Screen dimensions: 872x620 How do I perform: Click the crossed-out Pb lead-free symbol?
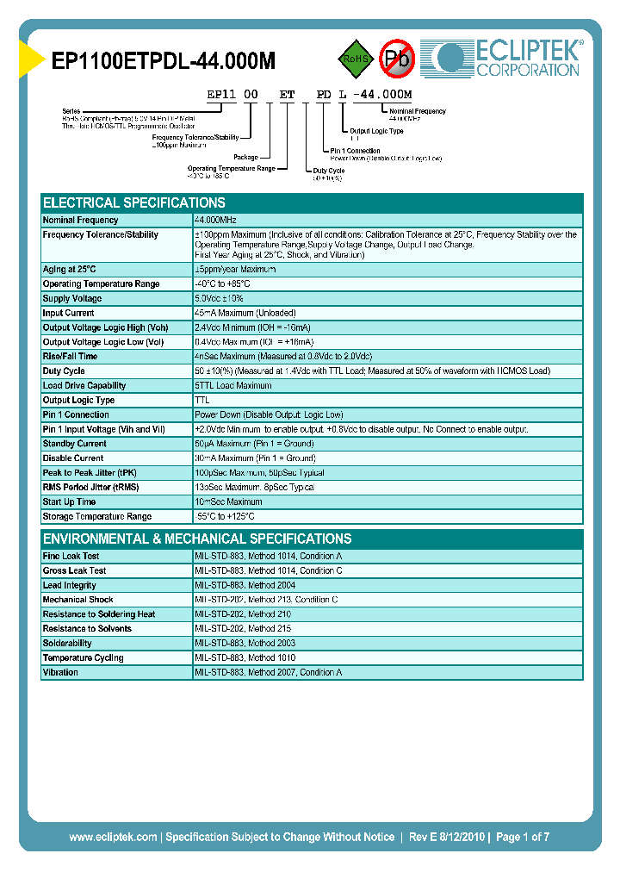click(398, 59)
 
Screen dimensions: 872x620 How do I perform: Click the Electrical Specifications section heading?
click(134, 203)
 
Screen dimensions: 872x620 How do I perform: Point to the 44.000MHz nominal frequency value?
click(216, 221)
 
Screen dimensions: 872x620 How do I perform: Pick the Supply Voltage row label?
click(73, 298)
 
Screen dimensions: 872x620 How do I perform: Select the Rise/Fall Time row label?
click(70, 356)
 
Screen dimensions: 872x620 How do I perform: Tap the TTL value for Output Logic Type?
click(202, 400)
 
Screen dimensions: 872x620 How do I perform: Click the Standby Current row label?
click(75, 444)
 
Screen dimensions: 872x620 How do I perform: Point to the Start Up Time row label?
click(69, 501)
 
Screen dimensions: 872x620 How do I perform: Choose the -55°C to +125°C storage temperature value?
click(225, 516)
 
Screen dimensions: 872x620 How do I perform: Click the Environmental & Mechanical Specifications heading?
click(197, 539)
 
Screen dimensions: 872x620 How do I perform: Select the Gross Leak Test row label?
click(75, 570)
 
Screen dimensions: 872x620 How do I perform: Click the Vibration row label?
click(60, 672)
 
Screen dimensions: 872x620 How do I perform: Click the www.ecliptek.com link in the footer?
click(113, 837)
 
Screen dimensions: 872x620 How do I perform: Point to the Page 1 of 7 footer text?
click(523, 837)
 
